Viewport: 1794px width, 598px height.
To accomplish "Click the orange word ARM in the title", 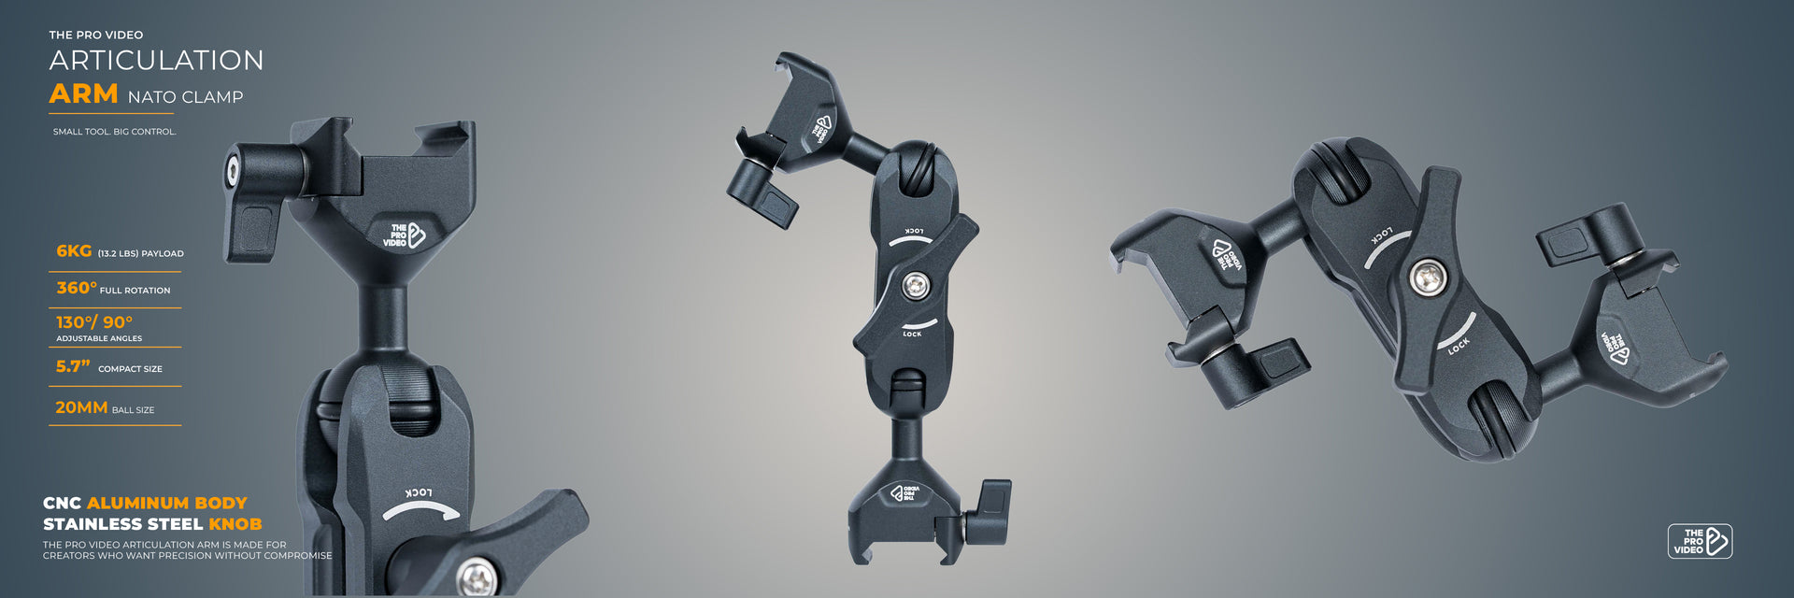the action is pyautogui.click(x=83, y=94).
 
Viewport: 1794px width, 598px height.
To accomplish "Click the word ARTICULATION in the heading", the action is pyautogui.click(x=156, y=60).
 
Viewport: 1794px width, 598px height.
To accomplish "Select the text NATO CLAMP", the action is pyautogui.click(x=185, y=97).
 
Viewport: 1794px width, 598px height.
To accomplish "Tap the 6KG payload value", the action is pyautogui.click(x=74, y=251).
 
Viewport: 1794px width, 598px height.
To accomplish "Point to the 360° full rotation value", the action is pyautogui.click(x=77, y=288).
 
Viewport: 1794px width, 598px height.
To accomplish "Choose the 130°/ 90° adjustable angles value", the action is pyautogui.click(x=94, y=322).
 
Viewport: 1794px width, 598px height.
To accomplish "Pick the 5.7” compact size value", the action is pyautogui.click(x=73, y=366).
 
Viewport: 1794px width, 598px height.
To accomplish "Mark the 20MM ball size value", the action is pyautogui.click(x=81, y=407).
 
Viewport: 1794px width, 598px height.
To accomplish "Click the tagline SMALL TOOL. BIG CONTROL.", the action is pyautogui.click(x=114, y=132).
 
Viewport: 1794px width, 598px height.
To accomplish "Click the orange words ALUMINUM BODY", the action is pyautogui.click(x=167, y=503).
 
